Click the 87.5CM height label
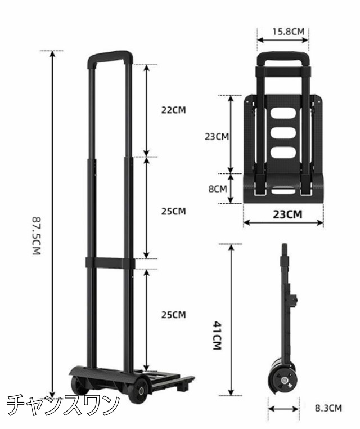click(x=37, y=236)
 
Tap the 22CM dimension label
click(x=173, y=110)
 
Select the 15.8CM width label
click(x=288, y=32)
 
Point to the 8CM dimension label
click(x=218, y=189)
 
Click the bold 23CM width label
click(x=287, y=214)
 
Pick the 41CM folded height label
click(x=217, y=336)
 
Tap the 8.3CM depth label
click(x=328, y=408)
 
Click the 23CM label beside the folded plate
click(x=217, y=136)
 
